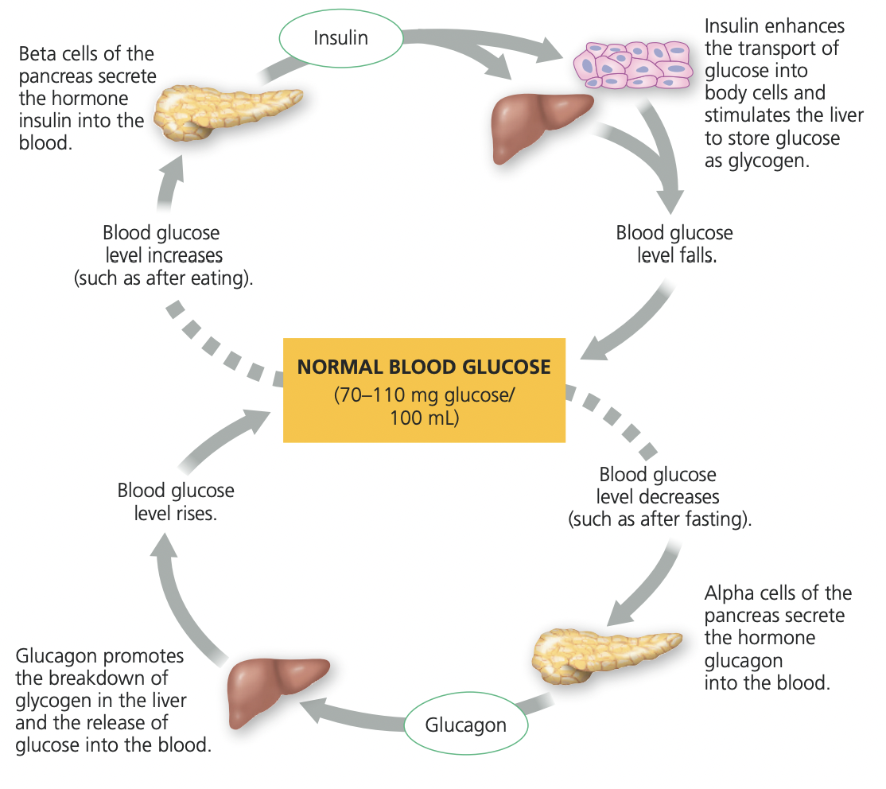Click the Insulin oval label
coord(340,38)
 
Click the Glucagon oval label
coord(465,725)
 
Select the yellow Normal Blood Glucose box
coord(424,390)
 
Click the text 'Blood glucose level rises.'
coord(176,502)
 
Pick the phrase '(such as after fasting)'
coord(659,520)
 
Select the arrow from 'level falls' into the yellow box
coord(628,326)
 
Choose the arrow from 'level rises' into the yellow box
coord(223,441)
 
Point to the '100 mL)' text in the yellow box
coord(424,418)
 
